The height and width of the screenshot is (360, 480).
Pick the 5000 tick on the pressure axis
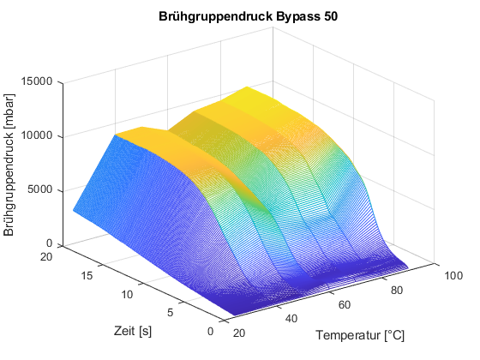41,189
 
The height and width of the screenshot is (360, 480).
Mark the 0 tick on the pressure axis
50,243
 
